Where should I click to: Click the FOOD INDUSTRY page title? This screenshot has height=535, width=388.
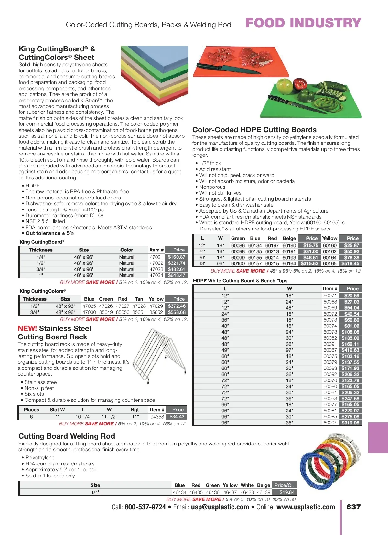pos(303,23)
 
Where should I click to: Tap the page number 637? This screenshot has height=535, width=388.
pos(353,507)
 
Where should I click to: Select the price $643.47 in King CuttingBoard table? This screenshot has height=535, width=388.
pos(177,275)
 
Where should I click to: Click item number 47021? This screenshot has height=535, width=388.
pos(156,257)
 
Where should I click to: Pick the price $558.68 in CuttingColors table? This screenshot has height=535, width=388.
pos(177,312)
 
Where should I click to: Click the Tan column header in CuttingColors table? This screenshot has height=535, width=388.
pos(139,299)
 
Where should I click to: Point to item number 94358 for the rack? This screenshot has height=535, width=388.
pos(157,417)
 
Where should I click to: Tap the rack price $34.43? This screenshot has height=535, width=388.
pos(177,417)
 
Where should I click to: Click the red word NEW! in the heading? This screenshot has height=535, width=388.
pos(27,328)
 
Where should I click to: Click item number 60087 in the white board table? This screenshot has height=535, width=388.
pos(330,350)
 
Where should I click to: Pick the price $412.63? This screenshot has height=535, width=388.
pos(350,350)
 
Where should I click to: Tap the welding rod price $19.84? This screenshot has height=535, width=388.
pos(287,492)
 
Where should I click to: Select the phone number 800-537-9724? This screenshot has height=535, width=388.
pos(145,507)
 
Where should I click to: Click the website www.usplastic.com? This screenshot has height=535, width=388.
pos(306,507)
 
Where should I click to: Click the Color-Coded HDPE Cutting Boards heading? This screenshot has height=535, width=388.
pos(254,130)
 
